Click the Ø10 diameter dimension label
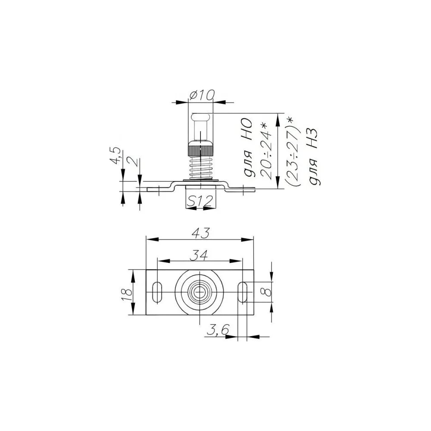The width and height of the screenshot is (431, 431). pos(202,95)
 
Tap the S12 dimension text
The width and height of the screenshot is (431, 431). pos(200,201)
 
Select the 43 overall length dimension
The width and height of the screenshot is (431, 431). pos(200,233)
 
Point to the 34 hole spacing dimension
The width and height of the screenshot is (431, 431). pos(199,255)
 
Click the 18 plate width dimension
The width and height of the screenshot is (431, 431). pos(127,295)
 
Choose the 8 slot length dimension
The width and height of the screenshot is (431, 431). pos(266,292)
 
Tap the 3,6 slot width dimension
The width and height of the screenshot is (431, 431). pos(218,330)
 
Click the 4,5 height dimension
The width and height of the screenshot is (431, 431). pos(116,156)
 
